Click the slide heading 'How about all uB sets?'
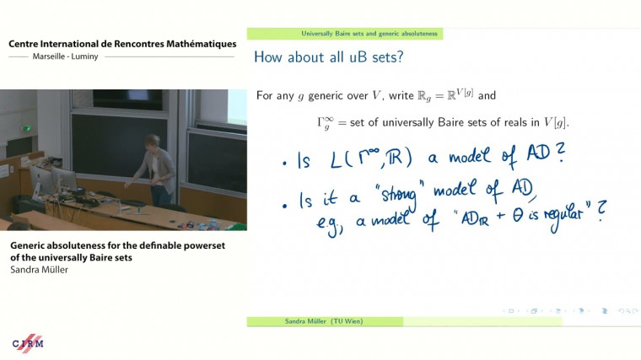coord(321,58)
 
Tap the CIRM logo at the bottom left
coord(27,343)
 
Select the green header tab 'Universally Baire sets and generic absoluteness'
coord(369,34)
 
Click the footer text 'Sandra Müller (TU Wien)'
coord(325,321)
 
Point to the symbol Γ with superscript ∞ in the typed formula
coord(325,122)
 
